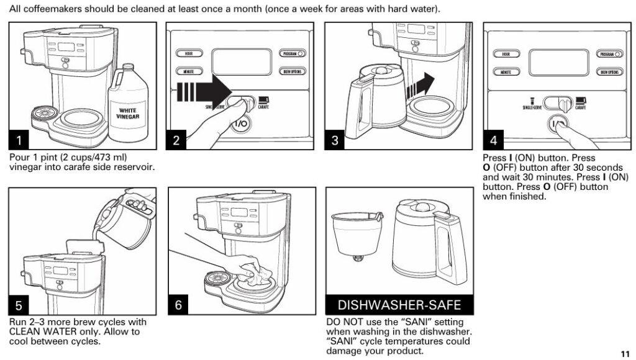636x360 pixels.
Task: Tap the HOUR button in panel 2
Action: (189, 54)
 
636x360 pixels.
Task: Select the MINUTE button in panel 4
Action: (506, 72)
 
